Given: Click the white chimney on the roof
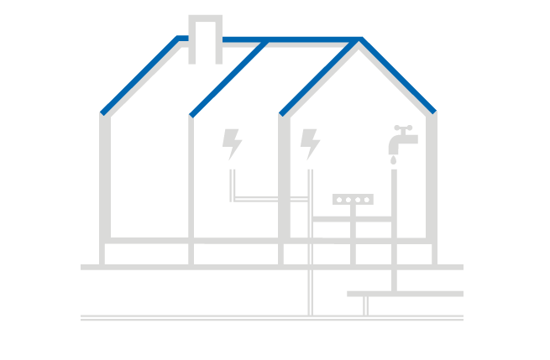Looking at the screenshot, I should click(x=205, y=39).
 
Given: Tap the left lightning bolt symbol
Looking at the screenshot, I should click(x=232, y=143).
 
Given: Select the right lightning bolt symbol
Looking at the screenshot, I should click(x=310, y=143).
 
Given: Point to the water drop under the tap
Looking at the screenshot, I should click(x=393, y=160).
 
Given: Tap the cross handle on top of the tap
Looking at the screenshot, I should click(x=403, y=129).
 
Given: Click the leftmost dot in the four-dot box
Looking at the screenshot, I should click(x=339, y=200).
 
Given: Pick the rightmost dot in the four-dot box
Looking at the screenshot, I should click(x=366, y=200).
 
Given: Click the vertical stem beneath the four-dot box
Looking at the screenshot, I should click(x=353, y=211).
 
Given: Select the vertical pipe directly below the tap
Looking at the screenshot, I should click(x=393, y=227).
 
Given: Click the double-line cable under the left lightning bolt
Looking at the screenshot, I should click(x=233, y=183).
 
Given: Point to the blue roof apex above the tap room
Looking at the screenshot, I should click(x=359, y=41).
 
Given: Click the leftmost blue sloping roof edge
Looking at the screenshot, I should click(x=139, y=76).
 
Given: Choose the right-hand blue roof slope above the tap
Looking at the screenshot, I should click(x=398, y=76).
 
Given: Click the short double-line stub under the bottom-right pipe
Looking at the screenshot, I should click(x=365, y=306).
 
